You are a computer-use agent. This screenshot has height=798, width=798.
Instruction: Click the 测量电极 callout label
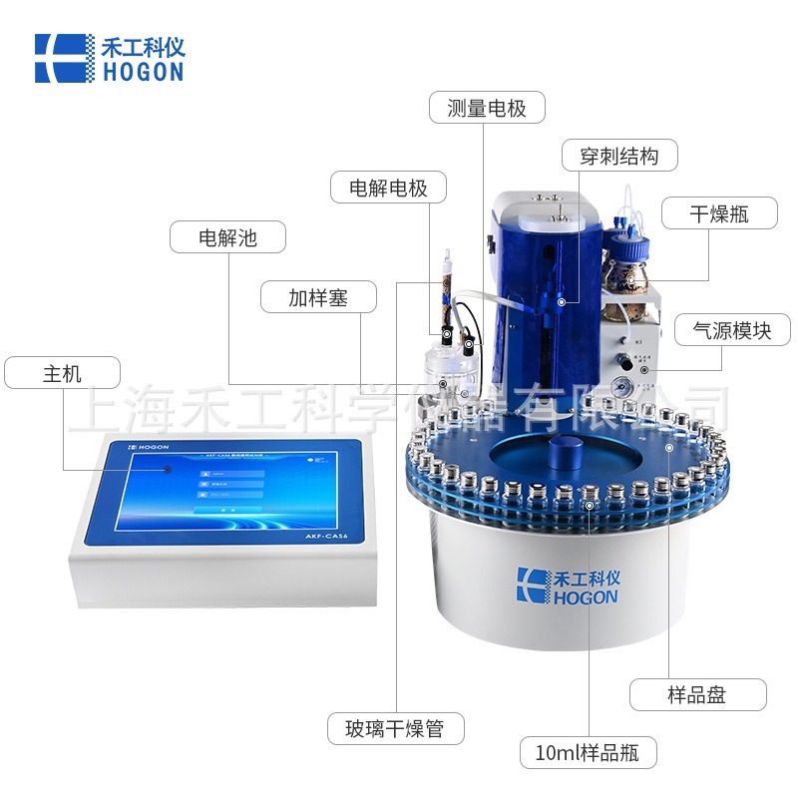pyautogui.click(x=487, y=108)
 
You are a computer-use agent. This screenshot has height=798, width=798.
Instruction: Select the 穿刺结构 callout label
pyautogui.click(x=619, y=157)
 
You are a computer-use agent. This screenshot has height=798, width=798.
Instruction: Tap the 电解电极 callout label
pyautogui.click(x=388, y=187)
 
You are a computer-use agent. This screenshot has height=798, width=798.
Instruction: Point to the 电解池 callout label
pyautogui.click(x=227, y=236)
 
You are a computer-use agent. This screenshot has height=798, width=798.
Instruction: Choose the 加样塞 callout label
pyautogui.click(x=318, y=296)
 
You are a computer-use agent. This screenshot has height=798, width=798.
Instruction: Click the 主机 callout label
pyautogui.click(x=62, y=373)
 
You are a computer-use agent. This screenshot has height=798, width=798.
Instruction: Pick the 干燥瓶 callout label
pyautogui.click(x=718, y=212)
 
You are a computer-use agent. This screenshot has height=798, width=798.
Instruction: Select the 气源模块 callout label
pyautogui.click(x=733, y=329)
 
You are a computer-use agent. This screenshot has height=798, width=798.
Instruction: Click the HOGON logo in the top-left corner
pyautogui.click(x=109, y=58)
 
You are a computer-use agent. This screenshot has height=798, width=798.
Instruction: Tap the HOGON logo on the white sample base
pyautogui.click(x=568, y=586)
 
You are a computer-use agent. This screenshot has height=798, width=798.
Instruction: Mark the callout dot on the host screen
pyautogui.click(x=168, y=468)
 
